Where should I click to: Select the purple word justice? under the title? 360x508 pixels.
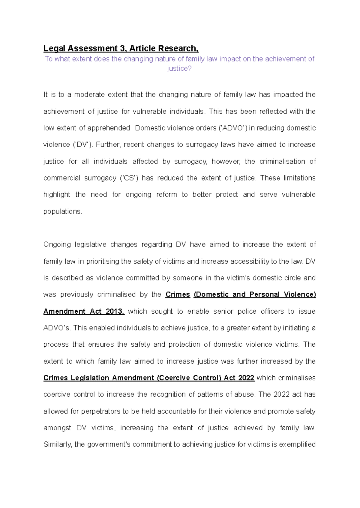tap(179, 69)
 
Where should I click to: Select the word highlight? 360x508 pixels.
tap(57, 195)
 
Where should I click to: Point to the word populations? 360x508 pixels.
tap(62, 211)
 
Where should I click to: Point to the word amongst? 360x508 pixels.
tap(57, 428)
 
